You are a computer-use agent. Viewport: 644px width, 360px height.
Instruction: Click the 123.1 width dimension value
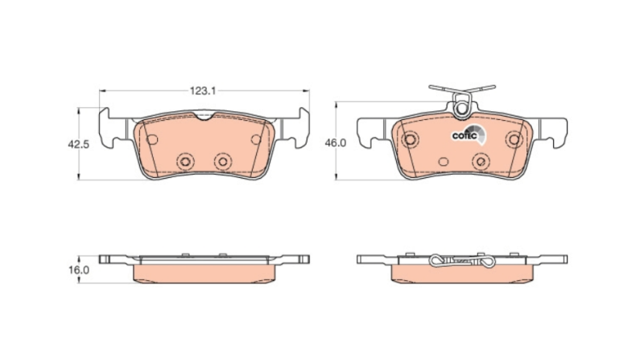point(203,91)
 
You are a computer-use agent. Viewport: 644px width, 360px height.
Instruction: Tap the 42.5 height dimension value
point(78,144)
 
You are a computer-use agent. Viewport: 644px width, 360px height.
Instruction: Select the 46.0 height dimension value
point(336,143)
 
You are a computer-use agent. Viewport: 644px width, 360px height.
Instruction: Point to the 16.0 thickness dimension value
point(78,270)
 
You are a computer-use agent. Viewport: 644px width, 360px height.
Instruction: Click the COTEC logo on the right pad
point(469,134)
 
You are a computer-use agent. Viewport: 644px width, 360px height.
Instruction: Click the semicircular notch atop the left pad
point(204,116)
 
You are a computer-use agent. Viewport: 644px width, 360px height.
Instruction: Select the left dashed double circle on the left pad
point(185,161)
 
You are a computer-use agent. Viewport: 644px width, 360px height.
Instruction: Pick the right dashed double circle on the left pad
point(223,161)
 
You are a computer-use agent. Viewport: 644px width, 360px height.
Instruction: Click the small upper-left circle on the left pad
point(152,139)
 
